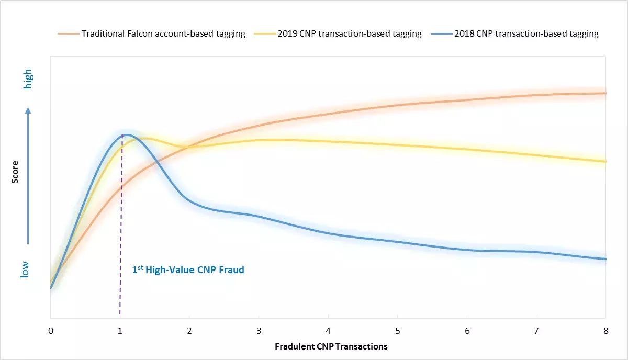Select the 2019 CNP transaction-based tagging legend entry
point(338,34)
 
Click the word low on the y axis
point(25,269)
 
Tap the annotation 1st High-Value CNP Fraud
point(188,271)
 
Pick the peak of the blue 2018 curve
point(126,134)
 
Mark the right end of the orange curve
point(605,93)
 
